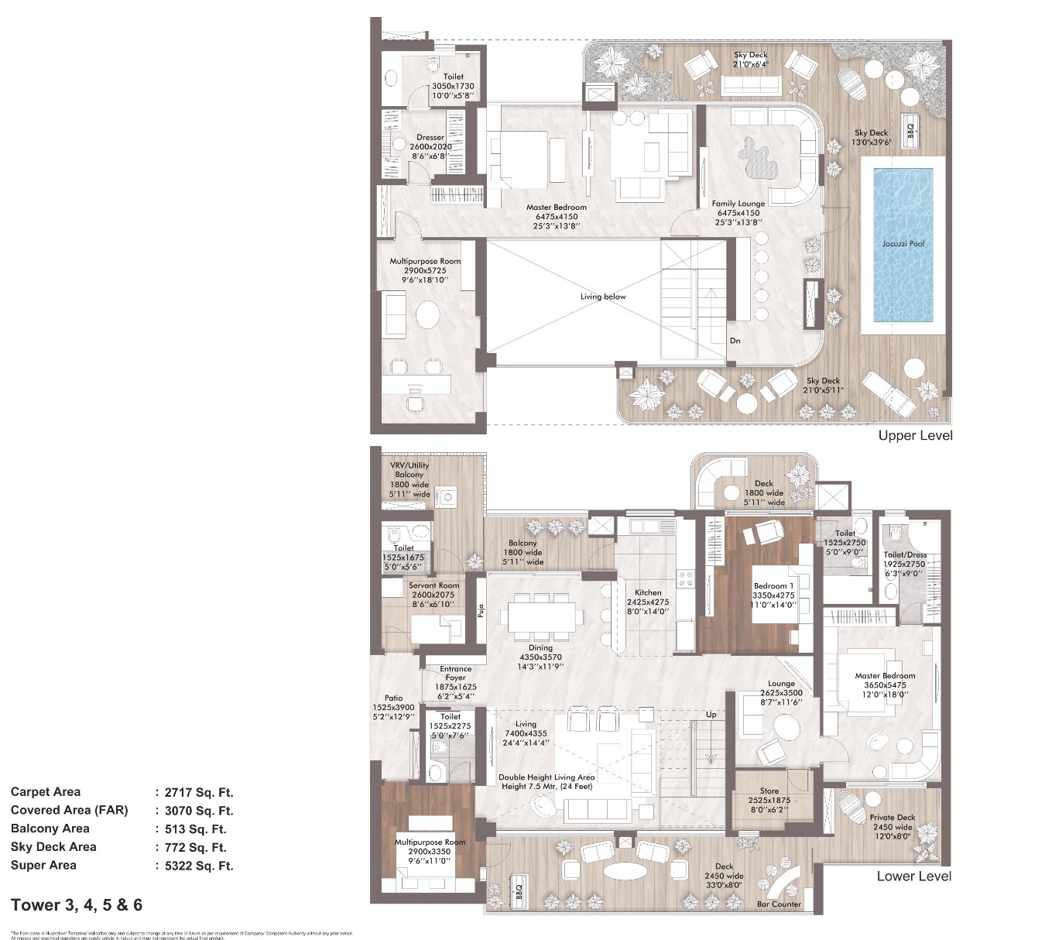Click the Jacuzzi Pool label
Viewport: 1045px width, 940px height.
click(x=903, y=243)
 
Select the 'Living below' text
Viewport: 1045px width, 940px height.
click(x=603, y=297)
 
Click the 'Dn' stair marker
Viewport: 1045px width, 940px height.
click(x=735, y=341)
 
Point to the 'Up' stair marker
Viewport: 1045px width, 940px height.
click(x=711, y=714)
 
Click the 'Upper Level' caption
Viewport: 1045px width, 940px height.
click(x=915, y=435)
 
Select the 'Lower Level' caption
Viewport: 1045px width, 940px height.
click(x=913, y=876)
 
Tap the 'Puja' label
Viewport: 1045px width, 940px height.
click(x=480, y=612)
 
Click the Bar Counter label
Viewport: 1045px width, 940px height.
click(x=779, y=904)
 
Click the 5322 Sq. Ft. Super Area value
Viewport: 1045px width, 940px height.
click(x=199, y=866)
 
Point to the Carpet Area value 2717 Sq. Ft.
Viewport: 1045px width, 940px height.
click(x=199, y=792)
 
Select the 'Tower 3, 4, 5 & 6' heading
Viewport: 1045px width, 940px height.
click(x=77, y=904)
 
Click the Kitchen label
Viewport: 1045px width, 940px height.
click(x=648, y=592)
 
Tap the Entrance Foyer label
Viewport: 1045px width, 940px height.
click(x=455, y=674)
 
